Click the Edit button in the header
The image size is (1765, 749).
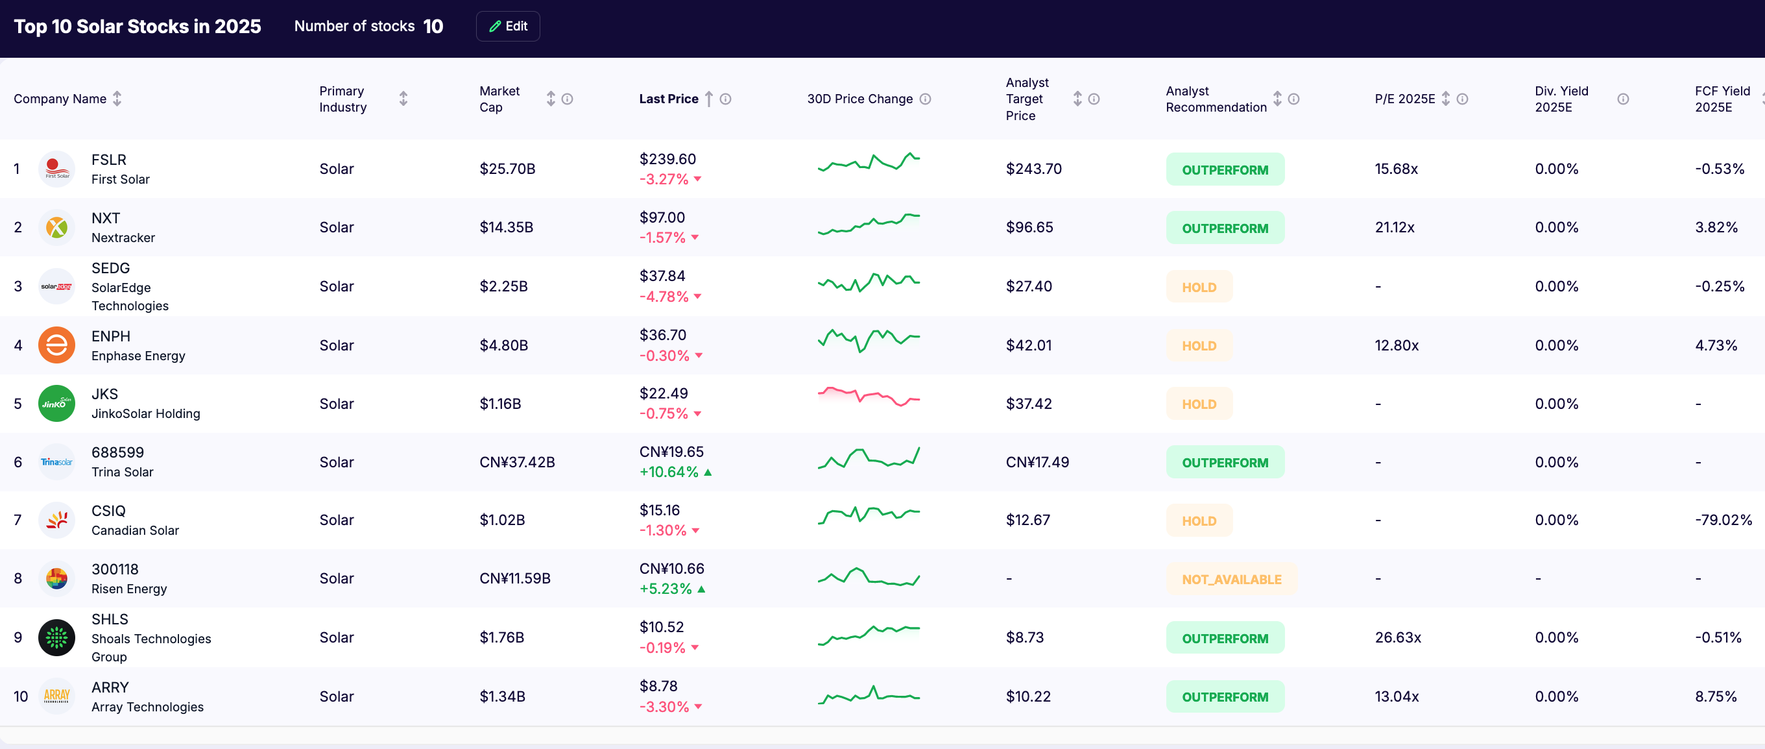tap(508, 26)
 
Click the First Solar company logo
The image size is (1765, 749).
tap(57, 169)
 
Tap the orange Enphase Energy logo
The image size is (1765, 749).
tap(57, 345)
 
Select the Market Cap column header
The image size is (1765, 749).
tap(499, 99)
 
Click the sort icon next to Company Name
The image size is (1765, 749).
tap(117, 99)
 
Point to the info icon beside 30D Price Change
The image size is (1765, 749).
tap(925, 99)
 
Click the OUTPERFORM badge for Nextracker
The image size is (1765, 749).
tap(1225, 228)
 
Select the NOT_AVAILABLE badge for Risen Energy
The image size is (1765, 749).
tap(1231, 579)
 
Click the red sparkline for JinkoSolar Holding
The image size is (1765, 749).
tap(868, 397)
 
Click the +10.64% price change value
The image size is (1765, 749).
tap(669, 471)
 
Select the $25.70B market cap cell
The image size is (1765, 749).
tap(507, 169)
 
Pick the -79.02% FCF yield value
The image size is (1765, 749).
tap(1723, 519)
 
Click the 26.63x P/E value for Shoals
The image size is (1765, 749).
tap(1397, 637)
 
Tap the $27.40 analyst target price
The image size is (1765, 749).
tap(1028, 286)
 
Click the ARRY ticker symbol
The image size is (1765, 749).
tap(110, 687)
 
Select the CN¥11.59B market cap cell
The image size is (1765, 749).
tap(514, 578)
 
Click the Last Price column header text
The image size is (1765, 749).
tap(668, 99)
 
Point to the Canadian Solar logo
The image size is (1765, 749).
tap(57, 520)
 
